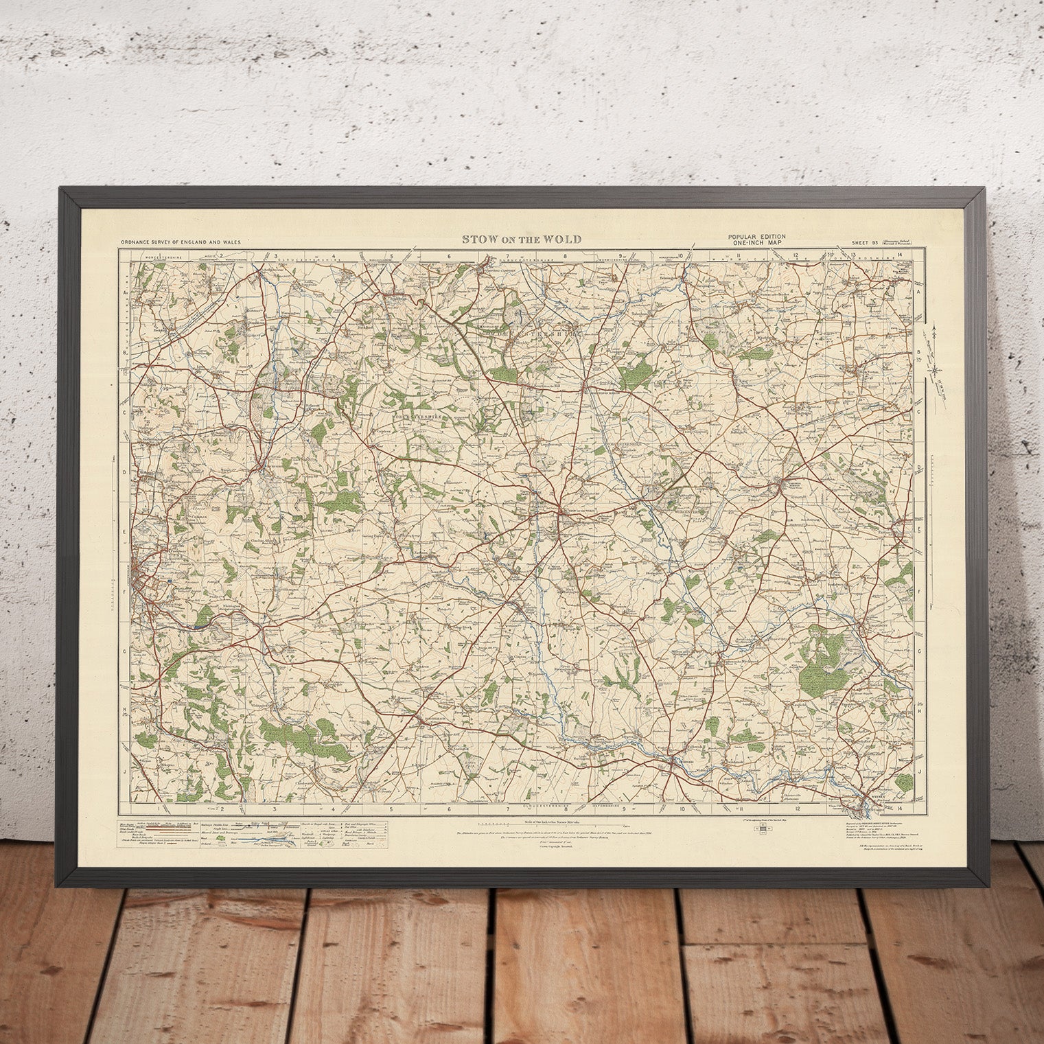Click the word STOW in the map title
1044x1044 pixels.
(476, 240)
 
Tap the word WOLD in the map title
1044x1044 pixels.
(563, 240)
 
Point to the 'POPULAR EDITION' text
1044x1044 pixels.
(758, 236)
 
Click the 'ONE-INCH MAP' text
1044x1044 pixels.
(758, 242)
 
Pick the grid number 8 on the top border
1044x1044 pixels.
(566, 255)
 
